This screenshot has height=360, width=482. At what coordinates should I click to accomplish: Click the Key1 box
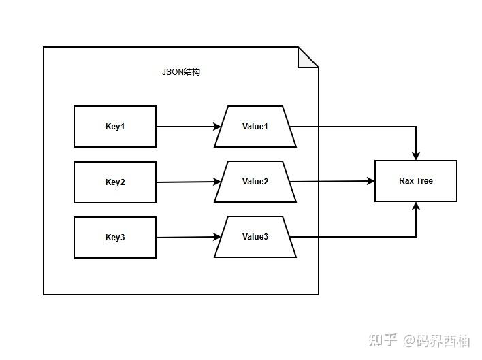pos(115,127)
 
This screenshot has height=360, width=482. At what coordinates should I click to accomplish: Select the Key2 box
pos(115,182)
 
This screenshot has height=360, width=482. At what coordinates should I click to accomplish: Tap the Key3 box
pos(115,238)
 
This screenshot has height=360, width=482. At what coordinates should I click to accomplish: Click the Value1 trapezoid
pos(255,127)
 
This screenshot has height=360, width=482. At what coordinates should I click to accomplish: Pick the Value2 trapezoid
pos(255,182)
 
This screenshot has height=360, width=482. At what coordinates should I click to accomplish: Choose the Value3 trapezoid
pos(255,237)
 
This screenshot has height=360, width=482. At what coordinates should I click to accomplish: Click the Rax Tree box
pos(416,181)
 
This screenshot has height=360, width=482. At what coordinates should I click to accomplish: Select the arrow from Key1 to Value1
pos(187,127)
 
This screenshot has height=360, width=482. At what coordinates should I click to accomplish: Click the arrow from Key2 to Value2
pos(187,182)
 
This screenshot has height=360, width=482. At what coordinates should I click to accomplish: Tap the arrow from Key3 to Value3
pos(187,238)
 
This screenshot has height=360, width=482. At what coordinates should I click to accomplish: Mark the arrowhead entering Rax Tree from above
pos(416,156)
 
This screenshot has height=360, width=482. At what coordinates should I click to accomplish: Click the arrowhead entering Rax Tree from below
pos(416,206)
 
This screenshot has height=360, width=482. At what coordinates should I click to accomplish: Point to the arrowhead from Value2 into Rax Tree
pos(370,181)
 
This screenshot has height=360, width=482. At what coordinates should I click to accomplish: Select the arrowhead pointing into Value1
pos(217,127)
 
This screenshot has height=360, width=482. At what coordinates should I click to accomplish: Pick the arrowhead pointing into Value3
pos(217,237)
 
